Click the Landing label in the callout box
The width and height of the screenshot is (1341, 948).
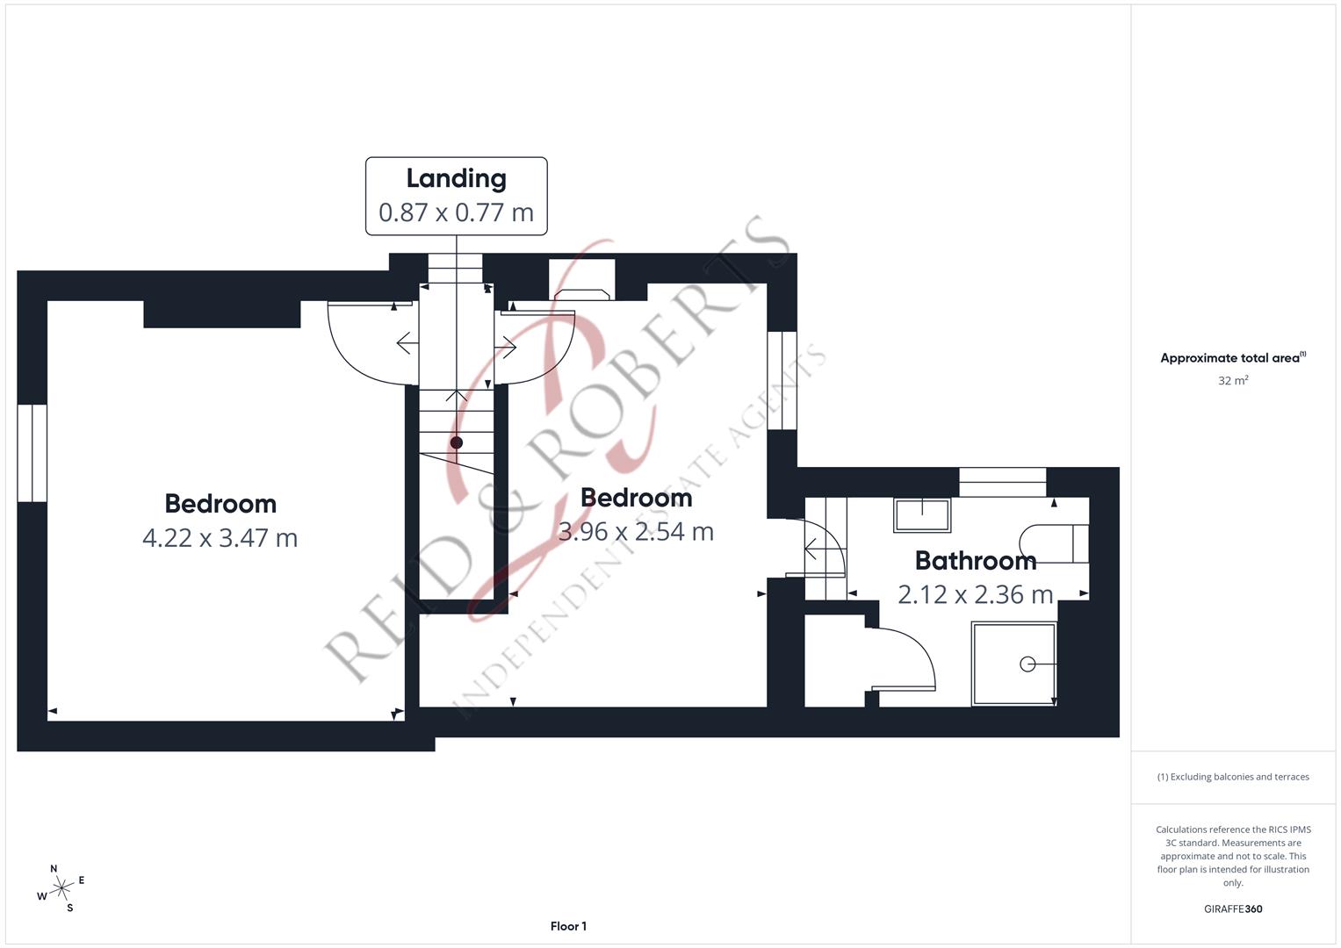[x=456, y=179]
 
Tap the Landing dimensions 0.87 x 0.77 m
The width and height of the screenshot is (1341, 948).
[x=456, y=212]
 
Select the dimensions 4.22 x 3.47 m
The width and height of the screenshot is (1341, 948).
[x=220, y=538]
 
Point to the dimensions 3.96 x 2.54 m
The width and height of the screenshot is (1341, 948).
[x=636, y=531]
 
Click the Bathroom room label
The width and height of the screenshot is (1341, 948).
[x=975, y=561]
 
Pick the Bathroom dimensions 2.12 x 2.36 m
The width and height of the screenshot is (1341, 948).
[x=975, y=595]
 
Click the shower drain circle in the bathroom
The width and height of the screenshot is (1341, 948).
[x=1027, y=664]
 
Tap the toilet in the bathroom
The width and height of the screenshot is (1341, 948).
[x=1054, y=543]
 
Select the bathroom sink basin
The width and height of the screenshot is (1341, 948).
[x=922, y=514]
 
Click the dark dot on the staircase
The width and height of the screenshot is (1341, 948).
[x=456, y=443]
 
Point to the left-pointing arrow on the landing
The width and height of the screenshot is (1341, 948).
[x=407, y=343]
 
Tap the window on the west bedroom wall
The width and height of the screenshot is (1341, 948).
[x=32, y=453]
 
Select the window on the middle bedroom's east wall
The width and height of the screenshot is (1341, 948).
[x=782, y=381]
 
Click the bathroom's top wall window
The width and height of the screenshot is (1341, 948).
[x=1003, y=483]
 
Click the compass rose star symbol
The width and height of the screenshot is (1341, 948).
[x=61, y=888]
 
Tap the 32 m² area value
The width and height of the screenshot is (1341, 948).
[x=1233, y=381]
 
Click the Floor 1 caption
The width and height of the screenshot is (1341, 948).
[x=568, y=926]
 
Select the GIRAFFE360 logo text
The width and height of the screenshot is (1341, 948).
[x=1233, y=908]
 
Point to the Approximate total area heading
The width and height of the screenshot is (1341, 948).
[x=1233, y=358]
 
